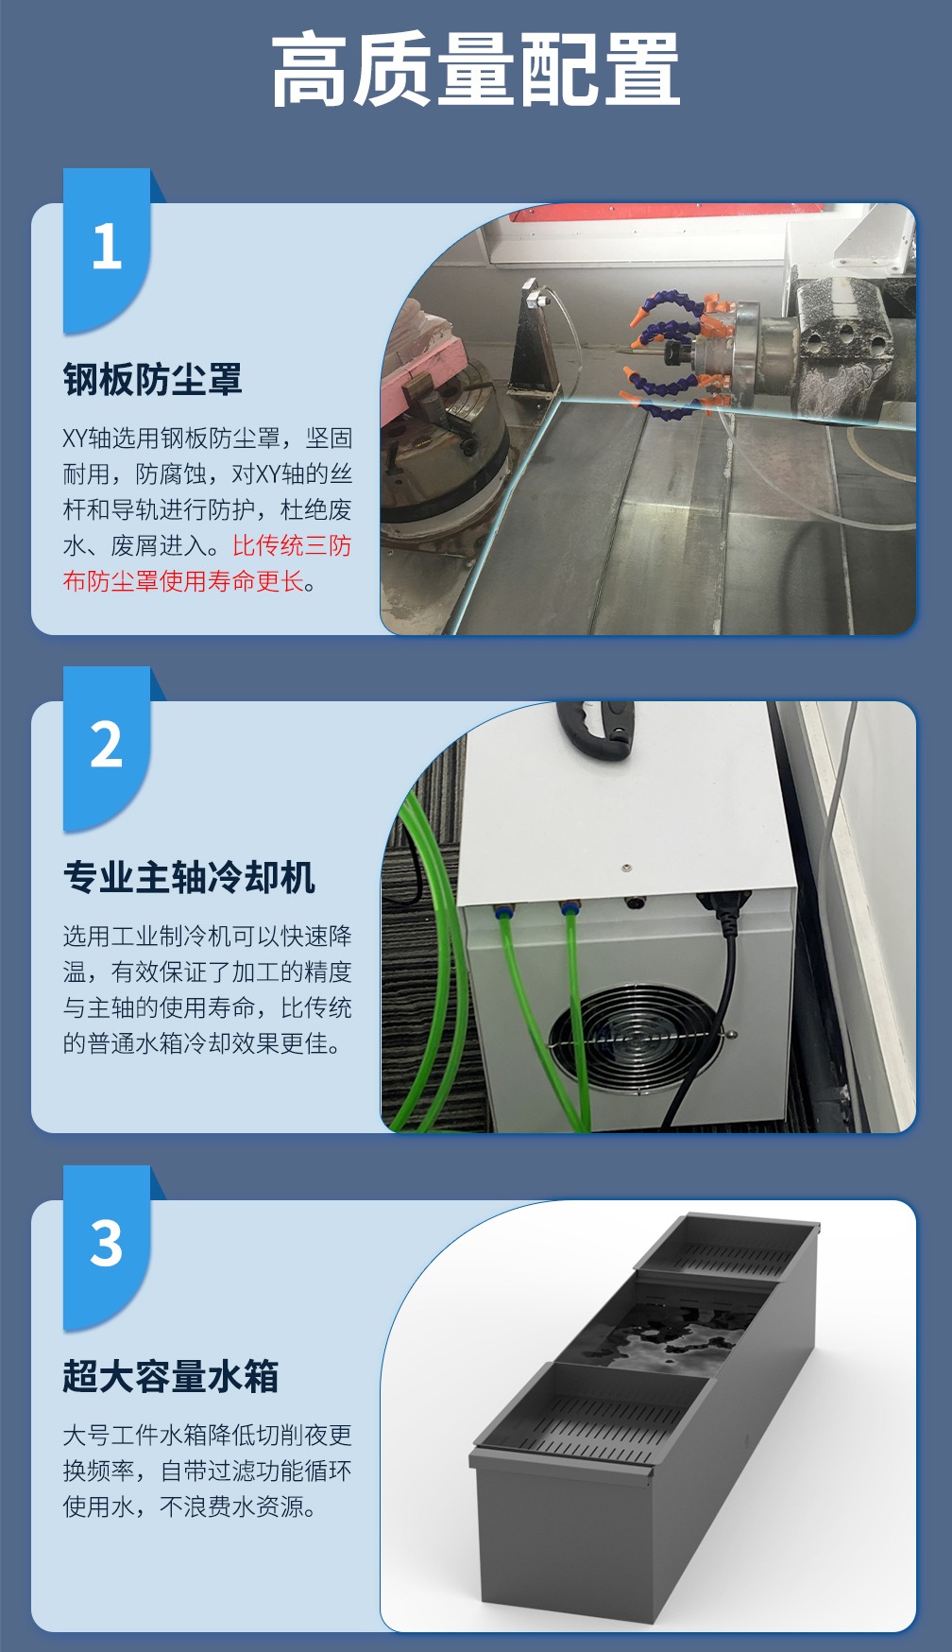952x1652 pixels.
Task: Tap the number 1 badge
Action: [107, 250]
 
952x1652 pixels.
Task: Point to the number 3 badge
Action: [107, 1245]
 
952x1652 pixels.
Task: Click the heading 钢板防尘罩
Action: [152, 380]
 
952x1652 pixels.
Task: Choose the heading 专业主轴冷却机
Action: [189, 878]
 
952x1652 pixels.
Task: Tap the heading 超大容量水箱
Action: [171, 1376]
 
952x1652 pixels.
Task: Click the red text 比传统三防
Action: [292, 546]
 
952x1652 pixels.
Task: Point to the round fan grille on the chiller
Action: [637, 1038]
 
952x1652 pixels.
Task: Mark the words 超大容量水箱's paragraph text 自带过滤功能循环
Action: [256, 1471]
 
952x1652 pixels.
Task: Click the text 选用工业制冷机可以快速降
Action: [208, 937]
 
